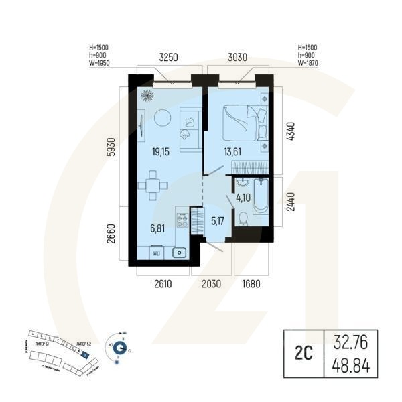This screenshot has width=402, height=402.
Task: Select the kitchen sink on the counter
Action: (x=179, y=253)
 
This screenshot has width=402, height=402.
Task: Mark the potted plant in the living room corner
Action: (x=145, y=94)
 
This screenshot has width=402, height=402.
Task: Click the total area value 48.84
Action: (x=351, y=366)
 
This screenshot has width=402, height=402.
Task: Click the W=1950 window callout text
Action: (x=98, y=63)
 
